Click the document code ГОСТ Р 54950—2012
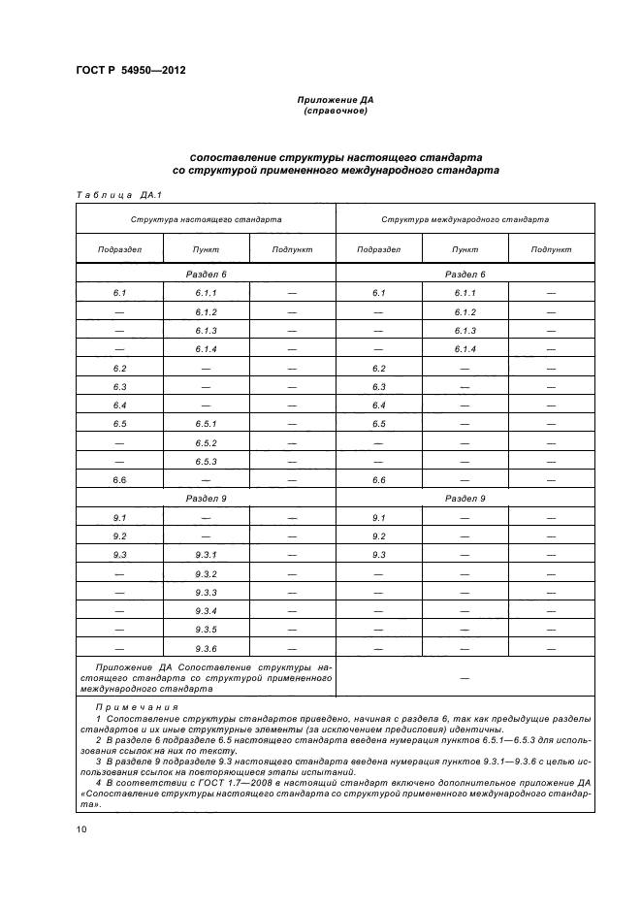[130, 71]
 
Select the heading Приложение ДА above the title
[336, 101]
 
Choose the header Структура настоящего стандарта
[206, 219]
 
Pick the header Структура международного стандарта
[465, 219]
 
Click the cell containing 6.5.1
[206, 424]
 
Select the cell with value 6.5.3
[206, 461]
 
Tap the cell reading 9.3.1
[206, 555]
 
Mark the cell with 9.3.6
[206, 648]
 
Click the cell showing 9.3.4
[206, 611]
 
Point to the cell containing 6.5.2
[206, 442]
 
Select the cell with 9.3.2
[206, 573]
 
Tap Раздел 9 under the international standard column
[465, 499]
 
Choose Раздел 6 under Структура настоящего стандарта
[206, 275]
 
